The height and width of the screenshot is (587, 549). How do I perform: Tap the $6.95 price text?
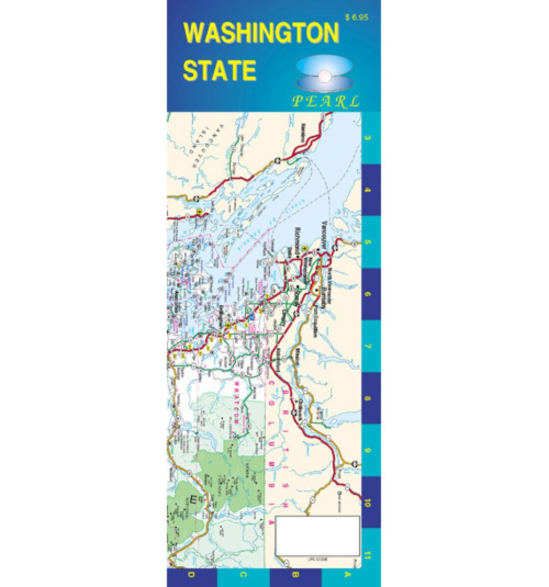[x=357, y=18]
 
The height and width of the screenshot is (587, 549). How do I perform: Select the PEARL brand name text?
[x=326, y=101]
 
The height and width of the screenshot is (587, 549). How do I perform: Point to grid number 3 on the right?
[x=368, y=138]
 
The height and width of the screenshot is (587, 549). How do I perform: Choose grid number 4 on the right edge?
[x=368, y=190]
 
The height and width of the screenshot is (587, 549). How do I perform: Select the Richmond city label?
[x=297, y=239]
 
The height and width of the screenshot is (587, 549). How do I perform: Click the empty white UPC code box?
[x=318, y=536]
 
